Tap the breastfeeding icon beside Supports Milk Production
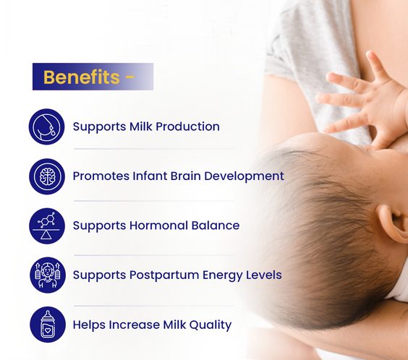pyautogui.click(x=48, y=127)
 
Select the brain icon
pyautogui.click(x=48, y=176)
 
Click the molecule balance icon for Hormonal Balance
pyautogui.click(x=48, y=226)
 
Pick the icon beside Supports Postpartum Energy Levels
pyautogui.click(x=48, y=275)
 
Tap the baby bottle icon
pyautogui.click(x=48, y=325)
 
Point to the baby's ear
pyautogui.click(x=393, y=224)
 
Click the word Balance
pyautogui.click(x=215, y=226)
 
